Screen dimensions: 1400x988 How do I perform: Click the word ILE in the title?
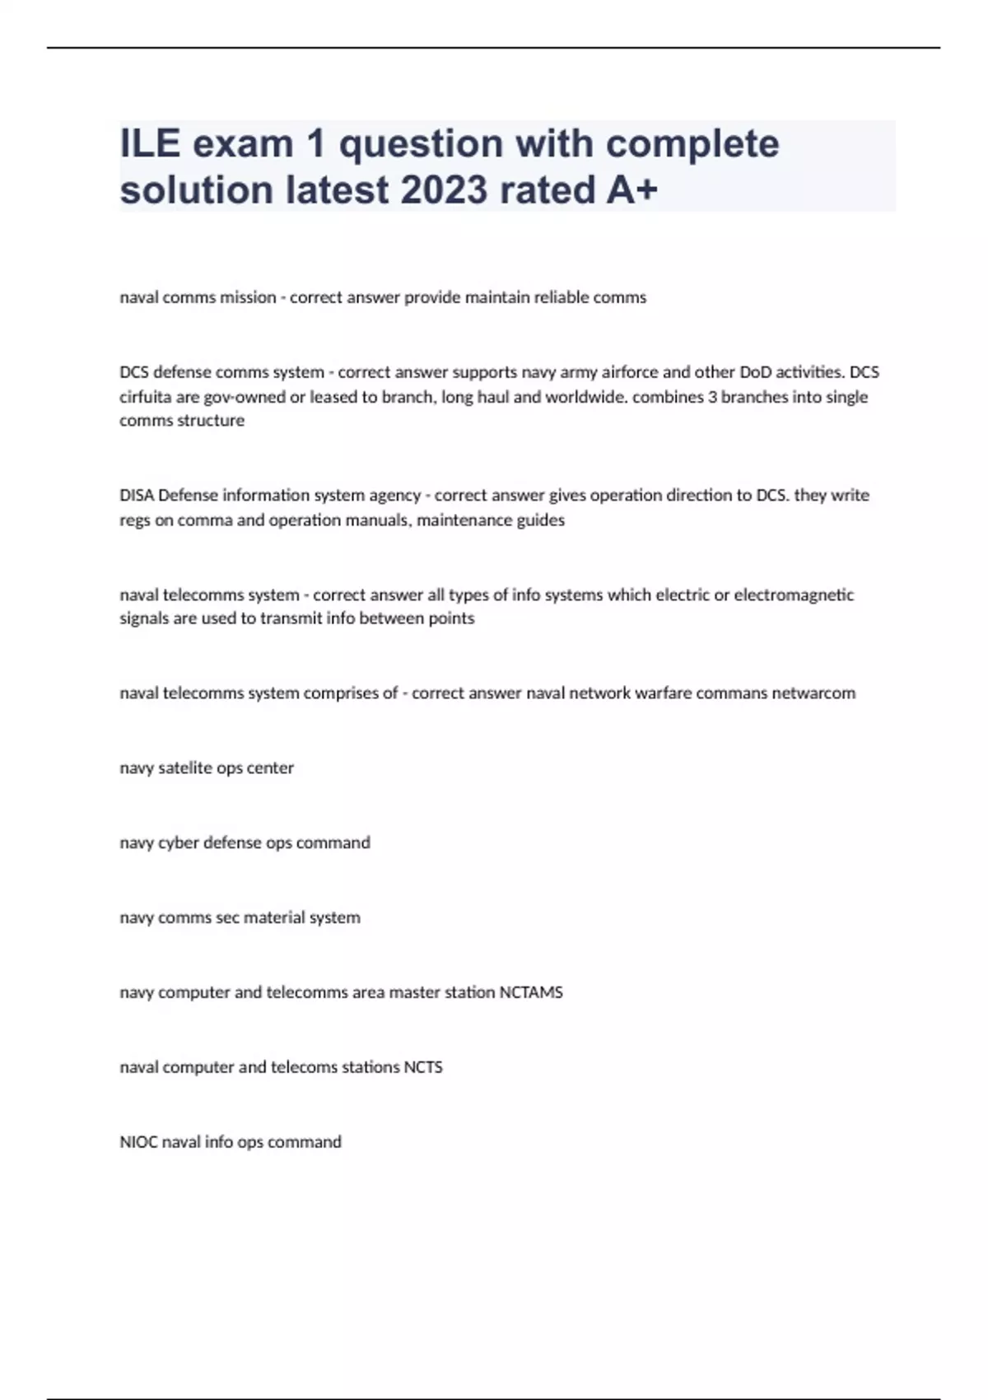click(150, 144)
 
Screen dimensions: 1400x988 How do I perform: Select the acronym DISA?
click(137, 496)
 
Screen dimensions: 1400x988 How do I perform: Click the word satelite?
click(184, 768)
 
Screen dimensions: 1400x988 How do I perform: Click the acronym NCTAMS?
click(531, 992)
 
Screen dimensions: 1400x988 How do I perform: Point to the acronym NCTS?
click(423, 1067)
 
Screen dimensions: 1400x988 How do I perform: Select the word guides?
click(540, 520)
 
